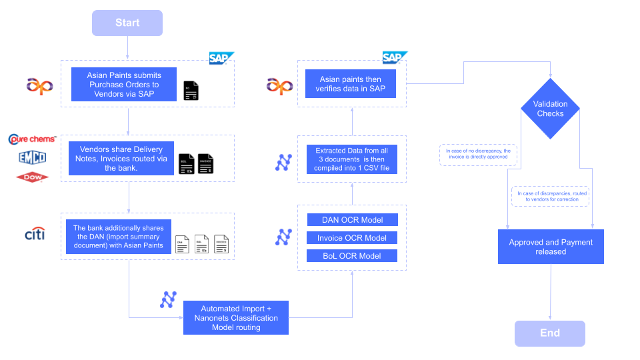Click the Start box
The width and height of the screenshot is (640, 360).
(x=127, y=23)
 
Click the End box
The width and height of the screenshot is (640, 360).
(x=549, y=333)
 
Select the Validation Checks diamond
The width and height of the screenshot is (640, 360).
(x=551, y=109)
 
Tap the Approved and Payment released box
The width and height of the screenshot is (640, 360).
(x=551, y=247)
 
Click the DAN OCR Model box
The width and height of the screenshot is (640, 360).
(x=352, y=219)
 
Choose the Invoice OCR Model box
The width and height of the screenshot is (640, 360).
(x=352, y=238)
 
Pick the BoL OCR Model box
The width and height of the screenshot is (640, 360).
(x=352, y=256)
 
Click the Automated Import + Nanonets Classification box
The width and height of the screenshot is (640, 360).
(x=236, y=317)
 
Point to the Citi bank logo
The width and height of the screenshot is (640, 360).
(x=35, y=234)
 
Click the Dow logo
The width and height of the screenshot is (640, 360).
(x=32, y=177)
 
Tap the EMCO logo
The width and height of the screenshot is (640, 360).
(x=32, y=158)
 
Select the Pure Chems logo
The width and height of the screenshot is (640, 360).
(x=31, y=139)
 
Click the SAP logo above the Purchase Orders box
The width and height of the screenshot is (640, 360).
(x=221, y=58)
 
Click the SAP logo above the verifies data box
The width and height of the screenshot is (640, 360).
(x=394, y=57)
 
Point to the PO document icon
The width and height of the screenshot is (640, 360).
(x=191, y=91)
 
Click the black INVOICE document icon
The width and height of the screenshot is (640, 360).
(x=207, y=165)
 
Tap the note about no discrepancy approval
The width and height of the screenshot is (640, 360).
(x=478, y=154)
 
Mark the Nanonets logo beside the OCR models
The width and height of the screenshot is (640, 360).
(x=283, y=237)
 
